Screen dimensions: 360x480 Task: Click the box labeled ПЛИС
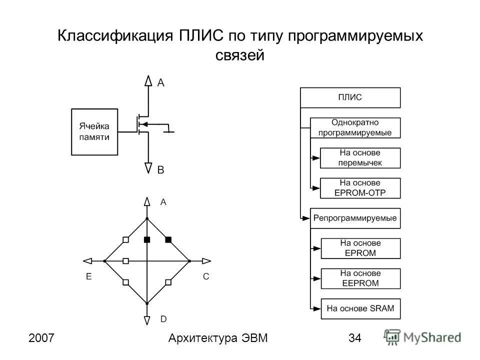(350, 97)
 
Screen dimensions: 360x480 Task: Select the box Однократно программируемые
(355, 127)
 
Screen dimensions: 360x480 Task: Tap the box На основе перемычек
(360, 158)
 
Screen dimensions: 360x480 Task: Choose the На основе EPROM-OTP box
(360, 188)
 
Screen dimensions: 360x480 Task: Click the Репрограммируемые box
(355, 218)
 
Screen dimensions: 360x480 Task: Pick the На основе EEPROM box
(360, 278)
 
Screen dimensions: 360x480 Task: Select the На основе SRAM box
(360, 308)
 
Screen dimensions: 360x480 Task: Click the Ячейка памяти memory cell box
(94, 131)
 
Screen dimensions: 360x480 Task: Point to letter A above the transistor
(161, 83)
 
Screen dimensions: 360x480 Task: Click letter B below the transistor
(161, 170)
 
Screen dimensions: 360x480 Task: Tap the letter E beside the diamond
(88, 276)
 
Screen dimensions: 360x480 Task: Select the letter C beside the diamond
(205, 276)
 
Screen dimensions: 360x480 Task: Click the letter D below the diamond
(163, 318)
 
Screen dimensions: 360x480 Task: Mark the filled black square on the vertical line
(147, 240)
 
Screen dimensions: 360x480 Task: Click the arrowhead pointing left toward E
(88, 260)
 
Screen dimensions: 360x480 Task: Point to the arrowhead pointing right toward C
(206, 260)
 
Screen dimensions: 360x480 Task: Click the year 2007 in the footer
(41, 338)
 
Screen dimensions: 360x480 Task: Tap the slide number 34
(354, 338)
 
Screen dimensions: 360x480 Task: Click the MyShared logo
(422, 336)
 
